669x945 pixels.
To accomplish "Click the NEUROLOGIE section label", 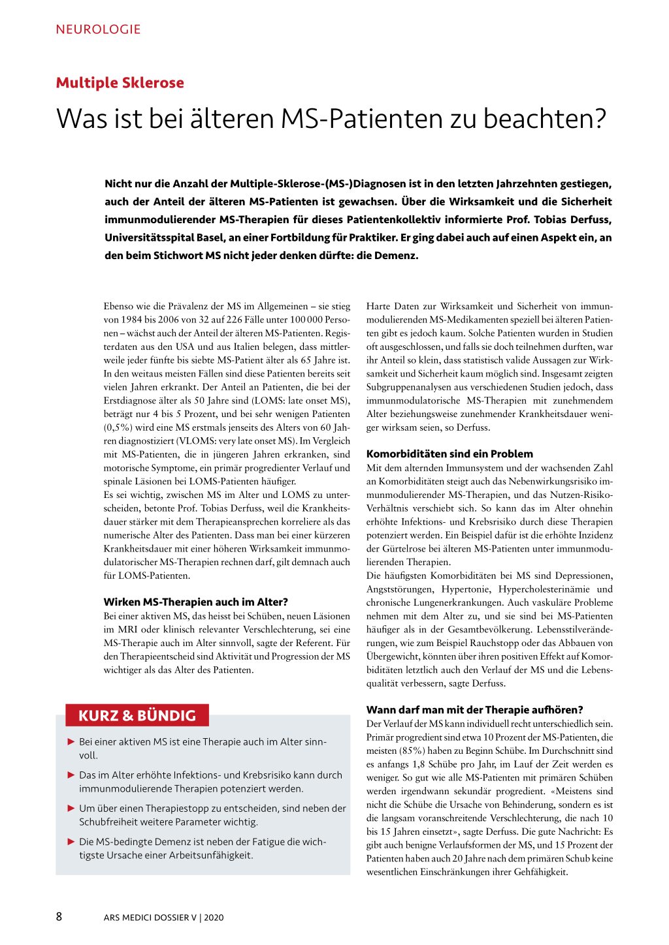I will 98,29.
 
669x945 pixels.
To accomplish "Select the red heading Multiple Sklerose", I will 120,83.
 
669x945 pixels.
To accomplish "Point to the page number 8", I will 59,916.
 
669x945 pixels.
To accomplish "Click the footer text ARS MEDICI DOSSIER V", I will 150,918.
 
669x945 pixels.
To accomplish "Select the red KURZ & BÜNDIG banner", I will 137,715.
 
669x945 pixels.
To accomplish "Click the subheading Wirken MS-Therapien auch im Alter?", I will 195,602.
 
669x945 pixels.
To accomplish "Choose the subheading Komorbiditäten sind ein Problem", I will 449,454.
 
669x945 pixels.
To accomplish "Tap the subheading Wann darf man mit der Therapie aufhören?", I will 474,709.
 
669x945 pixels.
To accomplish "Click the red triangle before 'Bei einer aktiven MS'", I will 71,741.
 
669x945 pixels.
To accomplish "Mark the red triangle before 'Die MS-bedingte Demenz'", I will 71,841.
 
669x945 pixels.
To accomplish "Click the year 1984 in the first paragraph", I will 131,320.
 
